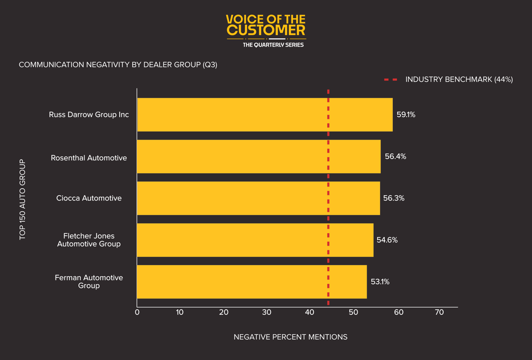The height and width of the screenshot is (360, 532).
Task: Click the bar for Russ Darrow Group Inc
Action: (x=265, y=114)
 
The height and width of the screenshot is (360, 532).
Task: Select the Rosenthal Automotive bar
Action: (x=259, y=156)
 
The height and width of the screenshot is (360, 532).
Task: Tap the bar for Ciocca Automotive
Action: (x=258, y=198)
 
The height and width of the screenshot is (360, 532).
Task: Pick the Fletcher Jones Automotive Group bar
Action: (x=255, y=240)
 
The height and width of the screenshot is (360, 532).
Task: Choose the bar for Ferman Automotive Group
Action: (x=252, y=282)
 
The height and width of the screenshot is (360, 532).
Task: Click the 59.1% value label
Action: (x=406, y=114)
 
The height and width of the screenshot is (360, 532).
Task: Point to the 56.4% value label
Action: (x=395, y=156)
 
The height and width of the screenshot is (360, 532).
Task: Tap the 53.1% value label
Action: (x=380, y=282)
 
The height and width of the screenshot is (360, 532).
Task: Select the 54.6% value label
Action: (x=387, y=240)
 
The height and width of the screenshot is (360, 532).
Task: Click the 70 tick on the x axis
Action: (x=439, y=313)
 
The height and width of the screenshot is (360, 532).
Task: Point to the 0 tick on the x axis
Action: (x=137, y=313)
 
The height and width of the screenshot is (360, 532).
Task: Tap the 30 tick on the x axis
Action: (x=267, y=313)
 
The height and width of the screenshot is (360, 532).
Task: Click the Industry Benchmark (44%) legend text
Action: (x=459, y=79)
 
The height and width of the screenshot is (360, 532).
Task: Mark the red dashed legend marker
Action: (x=390, y=79)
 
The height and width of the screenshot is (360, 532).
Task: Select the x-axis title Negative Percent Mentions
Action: (x=290, y=337)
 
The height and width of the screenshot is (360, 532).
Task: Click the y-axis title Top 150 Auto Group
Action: (x=22, y=199)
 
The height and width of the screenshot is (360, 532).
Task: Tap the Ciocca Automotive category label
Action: (x=89, y=198)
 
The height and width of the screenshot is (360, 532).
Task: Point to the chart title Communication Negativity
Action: (x=118, y=65)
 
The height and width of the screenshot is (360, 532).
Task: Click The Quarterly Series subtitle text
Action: (x=273, y=45)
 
